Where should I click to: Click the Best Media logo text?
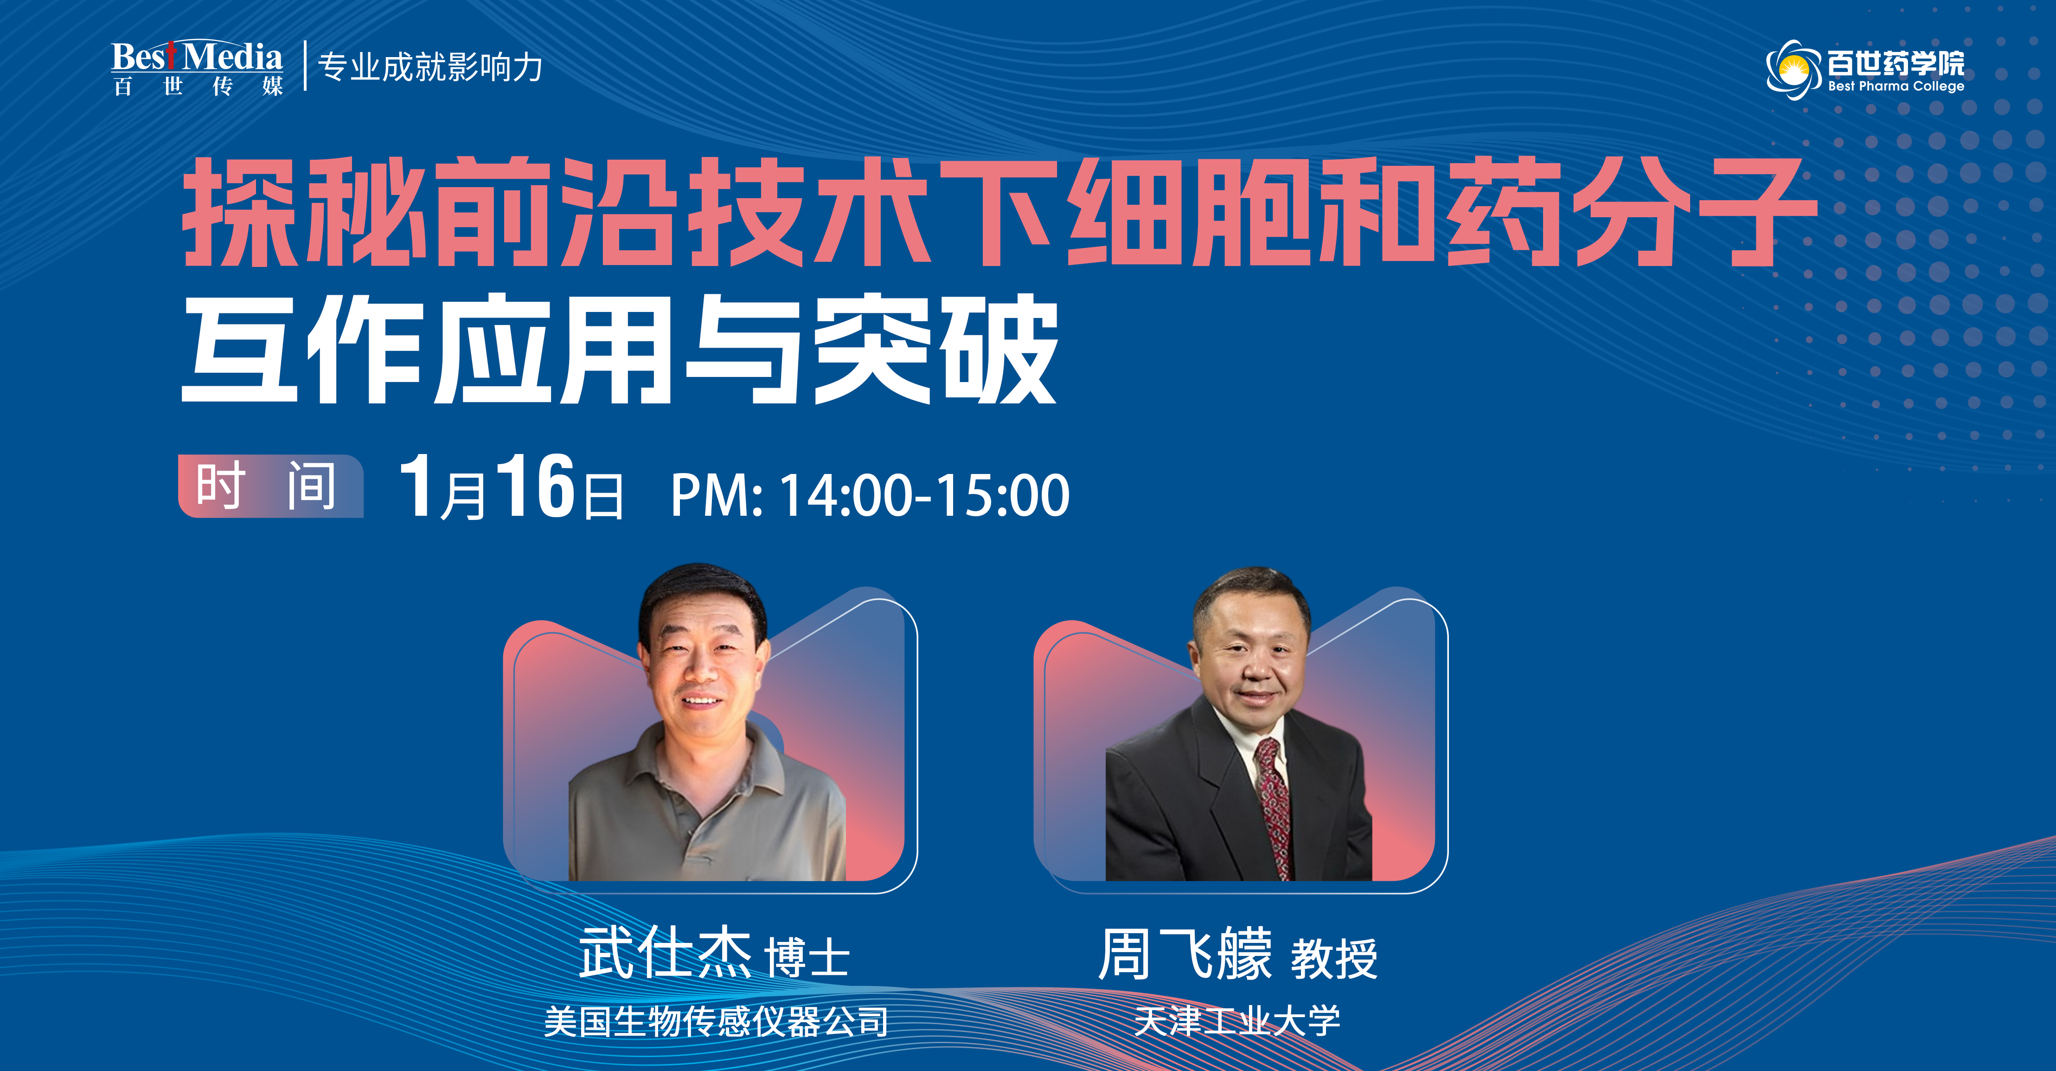click(196, 57)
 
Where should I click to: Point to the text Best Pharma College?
click(1896, 86)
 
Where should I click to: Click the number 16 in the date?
click(535, 487)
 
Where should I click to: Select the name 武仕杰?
click(665, 953)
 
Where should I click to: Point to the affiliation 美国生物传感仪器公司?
click(716, 1021)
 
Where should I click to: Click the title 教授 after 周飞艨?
click(1334, 958)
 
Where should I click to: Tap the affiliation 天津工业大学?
click(1237, 1021)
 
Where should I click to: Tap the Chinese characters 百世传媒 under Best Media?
click(197, 86)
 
